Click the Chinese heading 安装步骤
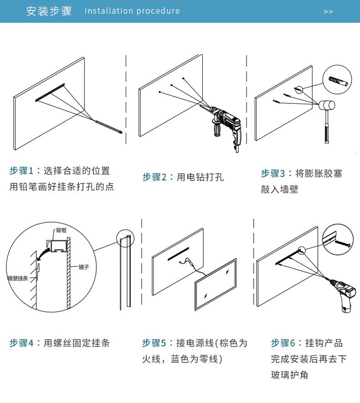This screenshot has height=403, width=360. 49,11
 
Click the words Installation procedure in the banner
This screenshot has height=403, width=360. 132,11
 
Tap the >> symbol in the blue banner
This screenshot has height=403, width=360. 328,11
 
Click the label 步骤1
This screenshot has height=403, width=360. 22,171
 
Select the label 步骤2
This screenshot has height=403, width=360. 154,177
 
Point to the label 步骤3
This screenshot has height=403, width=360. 273,173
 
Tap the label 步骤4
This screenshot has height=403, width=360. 22,343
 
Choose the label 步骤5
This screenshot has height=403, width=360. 154,343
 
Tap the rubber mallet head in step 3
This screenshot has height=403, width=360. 326,105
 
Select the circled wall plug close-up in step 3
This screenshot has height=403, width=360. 338,80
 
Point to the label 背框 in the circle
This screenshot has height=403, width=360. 62,231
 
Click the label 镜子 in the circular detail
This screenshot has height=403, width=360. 83,267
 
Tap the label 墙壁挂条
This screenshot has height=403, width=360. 18,278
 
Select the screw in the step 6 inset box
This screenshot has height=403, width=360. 343,244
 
